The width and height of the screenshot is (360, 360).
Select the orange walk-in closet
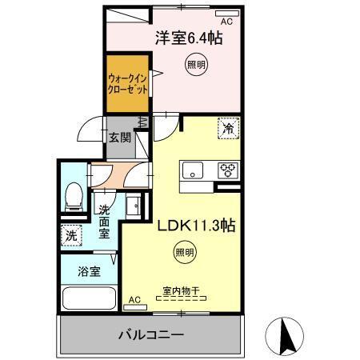tap(127, 84)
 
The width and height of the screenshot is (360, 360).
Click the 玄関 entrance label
tap(120, 137)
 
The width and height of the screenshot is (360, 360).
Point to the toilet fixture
tap(74, 196)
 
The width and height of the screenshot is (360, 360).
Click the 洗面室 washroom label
tap(104, 222)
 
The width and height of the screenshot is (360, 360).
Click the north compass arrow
tap(286, 335)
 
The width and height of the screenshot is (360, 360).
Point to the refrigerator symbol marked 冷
tap(228, 127)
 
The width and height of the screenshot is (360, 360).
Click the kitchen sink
tap(194, 170)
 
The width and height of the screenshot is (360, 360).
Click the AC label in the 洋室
tap(226, 22)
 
